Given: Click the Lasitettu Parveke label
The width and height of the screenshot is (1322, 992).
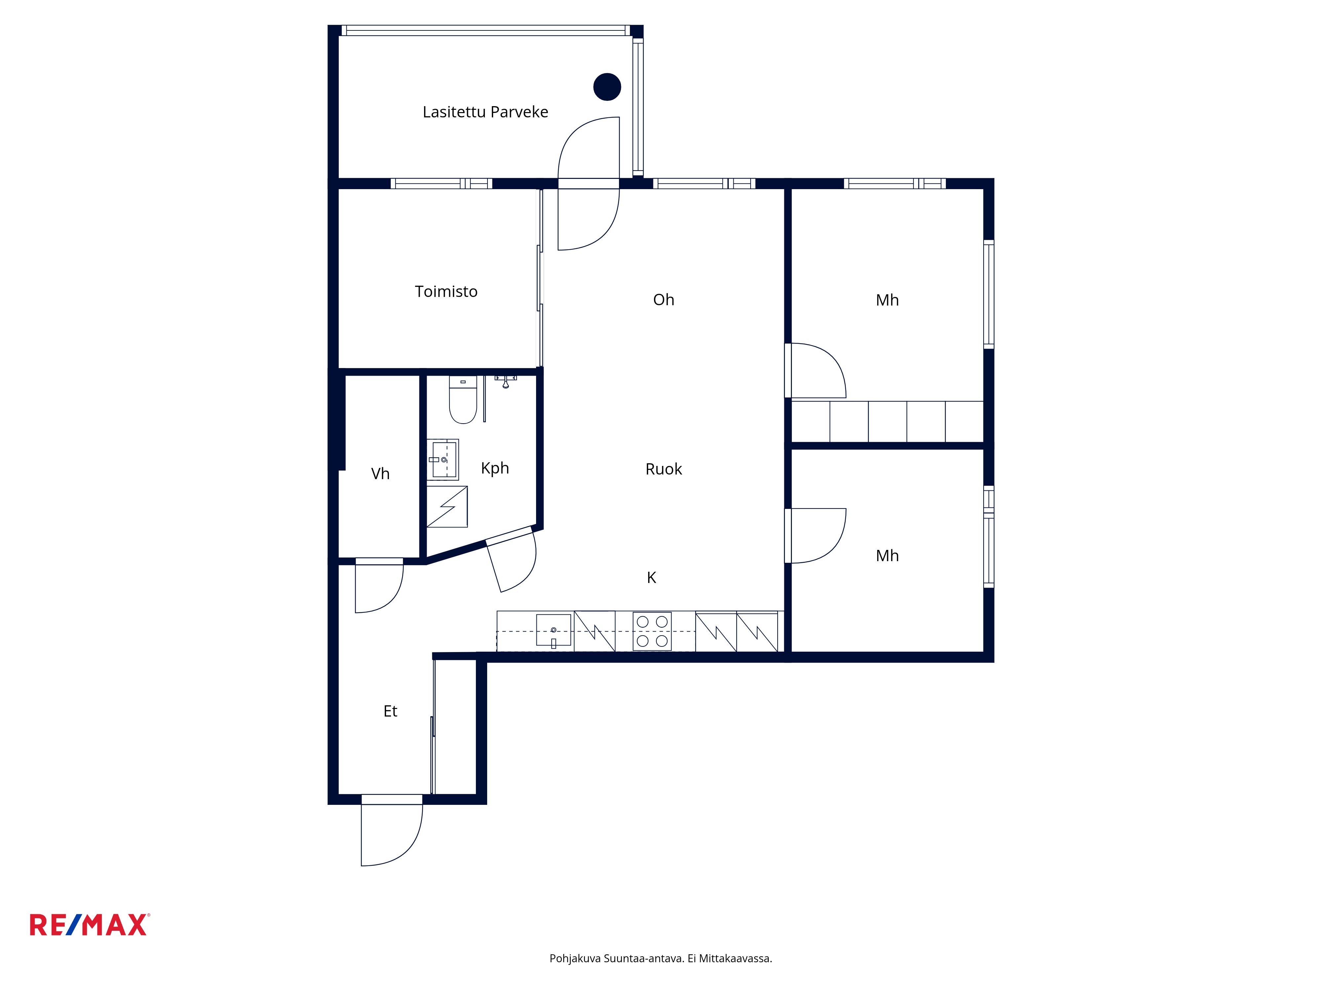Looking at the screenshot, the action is (x=485, y=112).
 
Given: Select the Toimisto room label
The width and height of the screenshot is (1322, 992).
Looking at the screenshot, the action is (x=447, y=291).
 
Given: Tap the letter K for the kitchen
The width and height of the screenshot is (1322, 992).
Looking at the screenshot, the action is (x=651, y=578).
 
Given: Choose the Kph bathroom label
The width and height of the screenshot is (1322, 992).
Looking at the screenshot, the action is (x=495, y=468).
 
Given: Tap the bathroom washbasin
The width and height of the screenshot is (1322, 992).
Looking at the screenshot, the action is (x=443, y=460).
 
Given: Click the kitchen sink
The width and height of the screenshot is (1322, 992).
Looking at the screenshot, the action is (x=554, y=631).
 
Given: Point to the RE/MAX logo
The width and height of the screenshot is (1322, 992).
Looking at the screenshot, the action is (x=90, y=925).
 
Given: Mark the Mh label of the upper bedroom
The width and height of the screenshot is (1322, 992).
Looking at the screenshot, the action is (x=887, y=300).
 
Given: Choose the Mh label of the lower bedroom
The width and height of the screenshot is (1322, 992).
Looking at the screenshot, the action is (x=887, y=556).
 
